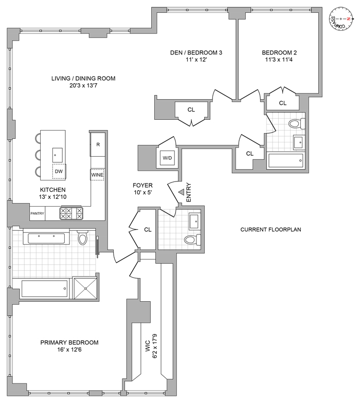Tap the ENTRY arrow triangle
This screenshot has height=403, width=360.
181,192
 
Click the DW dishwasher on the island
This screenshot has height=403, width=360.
59,172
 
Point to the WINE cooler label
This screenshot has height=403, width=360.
98,175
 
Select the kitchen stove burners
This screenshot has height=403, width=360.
71,213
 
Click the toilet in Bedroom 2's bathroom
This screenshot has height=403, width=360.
295,123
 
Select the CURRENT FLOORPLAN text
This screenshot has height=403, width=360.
271,230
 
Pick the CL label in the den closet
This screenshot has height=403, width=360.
191,109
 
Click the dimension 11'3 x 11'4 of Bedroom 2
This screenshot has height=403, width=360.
279,60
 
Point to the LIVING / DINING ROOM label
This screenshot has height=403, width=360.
83,79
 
